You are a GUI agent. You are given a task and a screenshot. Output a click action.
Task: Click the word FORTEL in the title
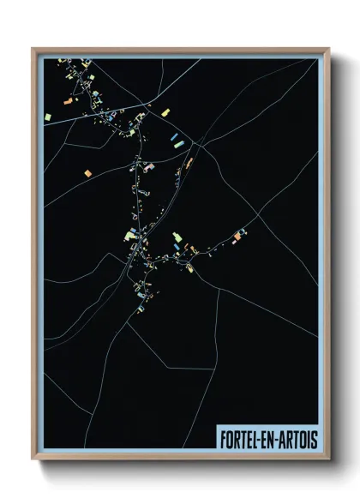pyautogui.click(x=241, y=439)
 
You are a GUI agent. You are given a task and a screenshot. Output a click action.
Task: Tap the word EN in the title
pyautogui.click(x=273, y=439)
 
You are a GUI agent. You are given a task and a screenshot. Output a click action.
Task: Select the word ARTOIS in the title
pyautogui.click(x=299, y=439)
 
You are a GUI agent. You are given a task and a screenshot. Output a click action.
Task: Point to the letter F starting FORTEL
pyautogui.click(x=222, y=439)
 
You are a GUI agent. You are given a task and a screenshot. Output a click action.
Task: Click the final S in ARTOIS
pyautogui.click(x=314, y=439)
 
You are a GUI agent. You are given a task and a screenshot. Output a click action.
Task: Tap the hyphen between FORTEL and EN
pyautogui.click(x=263, y=439)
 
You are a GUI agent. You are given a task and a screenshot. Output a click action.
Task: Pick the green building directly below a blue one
pyautogui.click(x=178, y=144)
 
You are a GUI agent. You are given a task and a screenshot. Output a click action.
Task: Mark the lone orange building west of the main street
pyautogui.click(x=87, y=174)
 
